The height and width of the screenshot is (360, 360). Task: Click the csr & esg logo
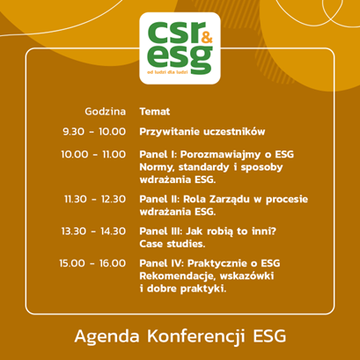(x=180, y=48)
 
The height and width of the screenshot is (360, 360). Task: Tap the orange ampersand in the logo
(x=207, y=39)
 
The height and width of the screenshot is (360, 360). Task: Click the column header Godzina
(x=106, y=112)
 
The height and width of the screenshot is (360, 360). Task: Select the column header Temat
(x=155, y=112)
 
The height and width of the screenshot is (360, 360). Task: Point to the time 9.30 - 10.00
(x=94, y=131)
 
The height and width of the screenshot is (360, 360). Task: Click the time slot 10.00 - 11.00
(x=93, y=154)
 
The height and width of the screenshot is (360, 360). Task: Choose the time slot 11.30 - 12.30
(x=95, y=199)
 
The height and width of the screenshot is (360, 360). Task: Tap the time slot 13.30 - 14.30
(x=93, y=231)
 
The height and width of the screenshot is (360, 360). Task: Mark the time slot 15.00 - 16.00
(x=92, y=263)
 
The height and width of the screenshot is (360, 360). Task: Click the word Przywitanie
(x=169, y=132)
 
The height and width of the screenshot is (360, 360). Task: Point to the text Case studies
(x=173, y=244)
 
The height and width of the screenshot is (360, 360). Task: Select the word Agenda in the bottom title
(x=107, y=337)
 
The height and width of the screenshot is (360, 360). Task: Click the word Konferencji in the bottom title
(x=196, y=336)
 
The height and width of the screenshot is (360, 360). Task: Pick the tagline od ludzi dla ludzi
(x=167, y=72)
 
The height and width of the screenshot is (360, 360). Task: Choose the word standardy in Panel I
(x=203, y=167)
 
